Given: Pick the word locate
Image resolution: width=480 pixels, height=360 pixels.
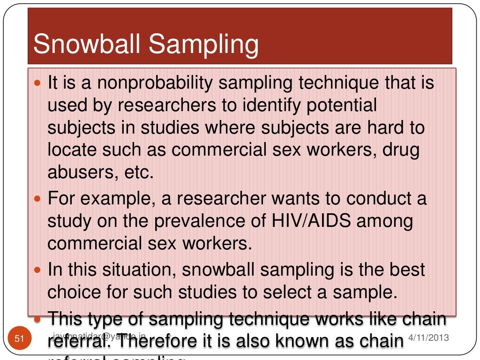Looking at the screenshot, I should tap(73, 150).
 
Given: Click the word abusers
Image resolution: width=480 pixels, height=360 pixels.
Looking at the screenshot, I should tap(78, 172).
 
